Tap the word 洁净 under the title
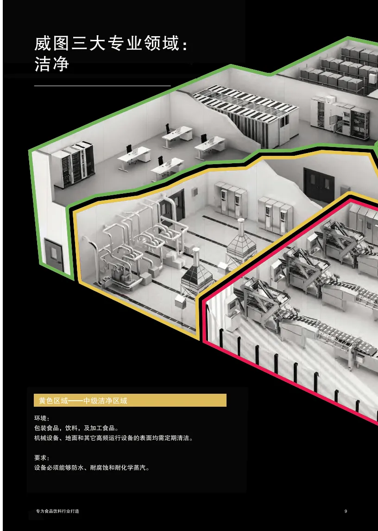51,64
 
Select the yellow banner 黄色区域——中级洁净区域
130,401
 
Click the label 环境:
42,418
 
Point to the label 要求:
42,458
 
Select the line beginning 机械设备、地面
113,438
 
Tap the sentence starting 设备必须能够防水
92,467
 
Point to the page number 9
346,511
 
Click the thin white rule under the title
102,86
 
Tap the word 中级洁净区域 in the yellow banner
105,401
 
